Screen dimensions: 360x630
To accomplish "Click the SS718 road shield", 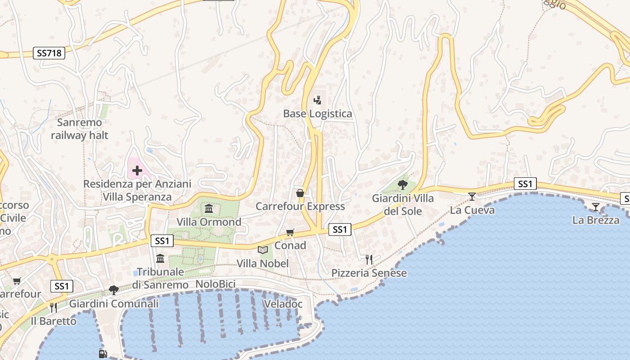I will coord(49,53).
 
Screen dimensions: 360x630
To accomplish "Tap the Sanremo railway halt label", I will coord(80,129).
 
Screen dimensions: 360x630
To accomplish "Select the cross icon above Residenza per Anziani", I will coord(137,171).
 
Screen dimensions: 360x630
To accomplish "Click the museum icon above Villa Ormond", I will coord(209,209).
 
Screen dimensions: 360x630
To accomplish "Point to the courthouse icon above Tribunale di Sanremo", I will coord(160,258).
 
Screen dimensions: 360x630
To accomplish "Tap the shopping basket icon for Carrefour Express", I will coord(300,193).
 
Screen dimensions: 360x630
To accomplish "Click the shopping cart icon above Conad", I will coord(290,232).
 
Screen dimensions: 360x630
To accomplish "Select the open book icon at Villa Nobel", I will coord(263,250).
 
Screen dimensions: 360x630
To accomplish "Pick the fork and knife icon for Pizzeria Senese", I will coord(369,259).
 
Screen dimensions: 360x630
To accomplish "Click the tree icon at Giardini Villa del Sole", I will coord(403,184).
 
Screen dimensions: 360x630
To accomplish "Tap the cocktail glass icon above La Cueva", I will coord(472,196).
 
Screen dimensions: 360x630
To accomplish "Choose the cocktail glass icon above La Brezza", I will coord(596,207).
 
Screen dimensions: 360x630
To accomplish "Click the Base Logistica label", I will coord(317,114).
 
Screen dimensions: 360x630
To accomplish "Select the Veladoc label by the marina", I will coord(283,304).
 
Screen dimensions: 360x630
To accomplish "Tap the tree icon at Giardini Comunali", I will coord(113,290).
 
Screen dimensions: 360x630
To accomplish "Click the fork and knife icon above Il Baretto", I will coord(53,307).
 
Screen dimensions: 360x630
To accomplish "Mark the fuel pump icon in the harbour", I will coord(103,354).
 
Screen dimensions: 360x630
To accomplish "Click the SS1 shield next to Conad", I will coord(340,230).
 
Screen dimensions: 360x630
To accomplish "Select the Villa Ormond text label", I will coord(209,222).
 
